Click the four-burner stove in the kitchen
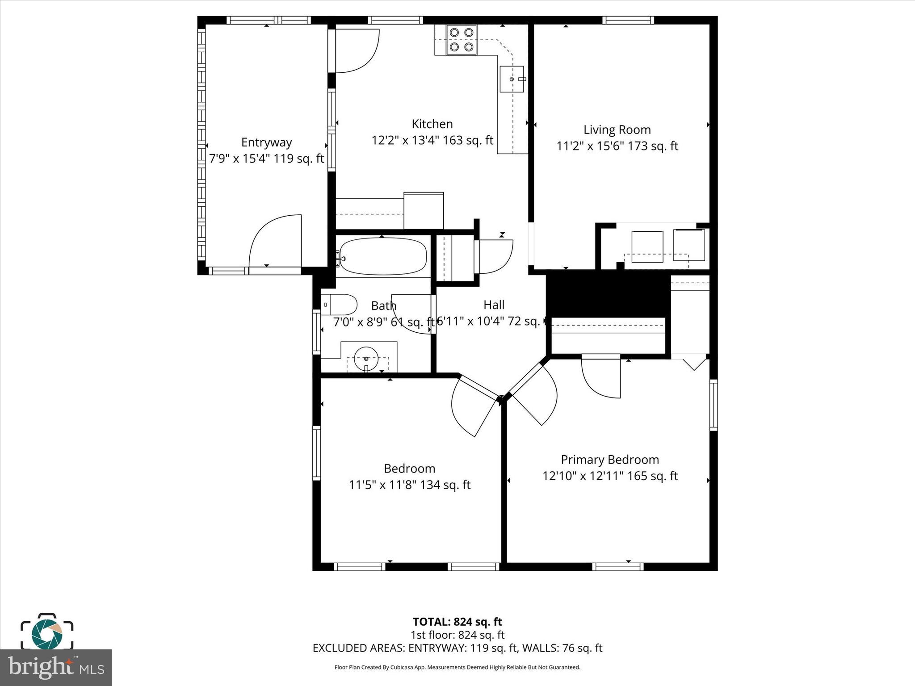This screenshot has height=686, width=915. click(462, 40)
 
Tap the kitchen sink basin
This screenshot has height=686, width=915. click(511, 79)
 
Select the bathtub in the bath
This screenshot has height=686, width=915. click(382, 256)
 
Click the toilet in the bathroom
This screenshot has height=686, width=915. click(340, 305)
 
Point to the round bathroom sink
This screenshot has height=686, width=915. click(366, 358)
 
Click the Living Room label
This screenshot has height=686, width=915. click(617, 130)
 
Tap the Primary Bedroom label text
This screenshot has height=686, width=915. click(610, 460)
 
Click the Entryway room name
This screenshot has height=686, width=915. click(266, 142)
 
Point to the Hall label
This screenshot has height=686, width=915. click(494, 305)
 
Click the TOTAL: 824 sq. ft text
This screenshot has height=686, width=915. click(457, 622)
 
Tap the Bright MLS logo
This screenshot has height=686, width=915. click(56, 668)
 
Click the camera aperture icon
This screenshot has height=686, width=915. click(47, 634)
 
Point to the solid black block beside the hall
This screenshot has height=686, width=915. click(608, 295)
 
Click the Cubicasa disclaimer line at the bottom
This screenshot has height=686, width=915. click(457, 667)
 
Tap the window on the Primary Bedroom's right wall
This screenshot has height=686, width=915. click(714, 405)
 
